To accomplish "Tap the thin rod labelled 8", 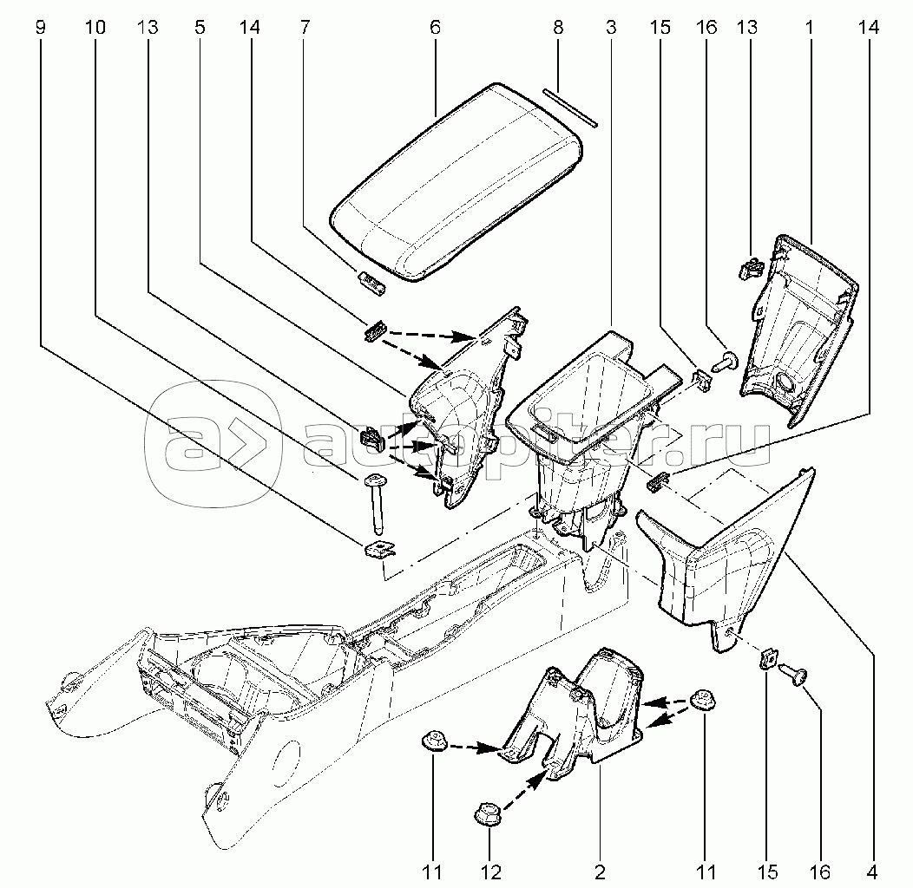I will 568,108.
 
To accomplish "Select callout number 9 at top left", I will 40,28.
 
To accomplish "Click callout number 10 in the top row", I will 95,28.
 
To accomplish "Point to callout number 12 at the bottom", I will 490,871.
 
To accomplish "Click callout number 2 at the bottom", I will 600,871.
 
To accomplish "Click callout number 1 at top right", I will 809,28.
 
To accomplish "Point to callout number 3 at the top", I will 611,28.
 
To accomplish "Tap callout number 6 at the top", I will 435,28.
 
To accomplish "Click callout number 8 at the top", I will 558,28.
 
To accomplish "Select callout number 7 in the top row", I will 305,28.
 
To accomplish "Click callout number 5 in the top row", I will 200,28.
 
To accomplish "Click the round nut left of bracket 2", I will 431,741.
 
